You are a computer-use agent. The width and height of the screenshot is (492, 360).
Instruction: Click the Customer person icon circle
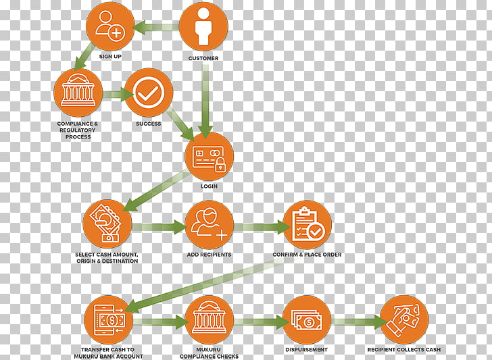[x=203, y=26]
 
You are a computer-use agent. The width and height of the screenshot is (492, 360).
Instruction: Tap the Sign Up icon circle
[x=110, y=26]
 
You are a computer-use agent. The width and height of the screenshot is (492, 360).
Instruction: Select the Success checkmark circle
[x=149, y=93]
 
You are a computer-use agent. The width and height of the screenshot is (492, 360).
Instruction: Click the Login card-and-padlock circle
[x=210, y=156]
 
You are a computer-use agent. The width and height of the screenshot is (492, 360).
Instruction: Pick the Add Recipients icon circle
[x=210, y=225]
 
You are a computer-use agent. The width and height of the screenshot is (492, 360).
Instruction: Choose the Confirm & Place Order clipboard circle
[x=307, y=225]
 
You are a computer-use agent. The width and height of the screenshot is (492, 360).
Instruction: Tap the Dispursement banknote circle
[x=307, y=320]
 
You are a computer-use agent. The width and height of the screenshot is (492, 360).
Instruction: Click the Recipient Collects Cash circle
[x=404, y=320]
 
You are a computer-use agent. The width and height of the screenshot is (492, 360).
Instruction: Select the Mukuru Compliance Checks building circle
[x=210, y=320]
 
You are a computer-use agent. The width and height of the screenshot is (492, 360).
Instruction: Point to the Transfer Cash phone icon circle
[x=109, y=320]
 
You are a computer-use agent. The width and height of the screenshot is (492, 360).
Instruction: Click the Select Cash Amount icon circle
[x=107, y=225]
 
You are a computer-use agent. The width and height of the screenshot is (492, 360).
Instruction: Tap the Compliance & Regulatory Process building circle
[x=78, y=93]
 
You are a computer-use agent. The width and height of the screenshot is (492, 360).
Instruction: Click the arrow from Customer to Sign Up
[x=155, y=27]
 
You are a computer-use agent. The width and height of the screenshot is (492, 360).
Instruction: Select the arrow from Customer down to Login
[x=205, y=101]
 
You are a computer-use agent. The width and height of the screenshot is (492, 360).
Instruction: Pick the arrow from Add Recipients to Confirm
[x=262, y=227]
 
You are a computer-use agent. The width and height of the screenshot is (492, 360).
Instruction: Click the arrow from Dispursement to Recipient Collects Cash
[x=359, y=322]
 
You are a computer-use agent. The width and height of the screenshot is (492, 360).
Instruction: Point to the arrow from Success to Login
[x=180, y=123]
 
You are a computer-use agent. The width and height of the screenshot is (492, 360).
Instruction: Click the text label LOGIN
[x=209, y=186]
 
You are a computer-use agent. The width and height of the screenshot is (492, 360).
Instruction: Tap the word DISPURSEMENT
[x=306, y=349]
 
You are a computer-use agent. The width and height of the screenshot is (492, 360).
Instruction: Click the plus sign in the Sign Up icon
[x=116, y=32]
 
